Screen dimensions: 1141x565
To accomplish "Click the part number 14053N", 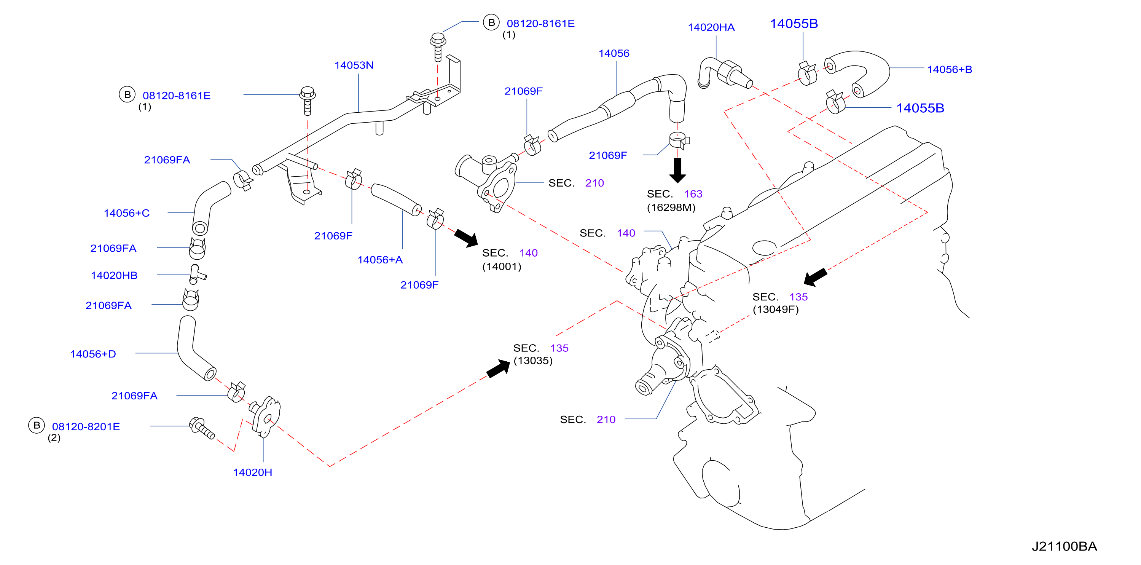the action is tap(354, 65).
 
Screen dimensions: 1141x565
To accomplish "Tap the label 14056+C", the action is tap(127, 213).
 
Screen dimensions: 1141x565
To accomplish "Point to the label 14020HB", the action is tap(114, 275).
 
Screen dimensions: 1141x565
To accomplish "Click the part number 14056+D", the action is tap(93, 354).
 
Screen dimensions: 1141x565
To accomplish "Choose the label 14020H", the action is tap(252, 472).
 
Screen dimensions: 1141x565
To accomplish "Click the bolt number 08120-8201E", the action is tap(86, 426).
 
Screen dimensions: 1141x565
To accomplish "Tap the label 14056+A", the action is tap(380, 260).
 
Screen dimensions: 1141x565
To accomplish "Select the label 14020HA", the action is tap(711, 27).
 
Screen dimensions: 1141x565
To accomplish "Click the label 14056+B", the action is tap(950, 69).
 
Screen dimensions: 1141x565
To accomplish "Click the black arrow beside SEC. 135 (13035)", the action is tap(498, 368).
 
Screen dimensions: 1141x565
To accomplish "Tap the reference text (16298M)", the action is tap(671, 207).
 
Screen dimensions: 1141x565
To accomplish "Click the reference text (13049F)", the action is tap(776, 309).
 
